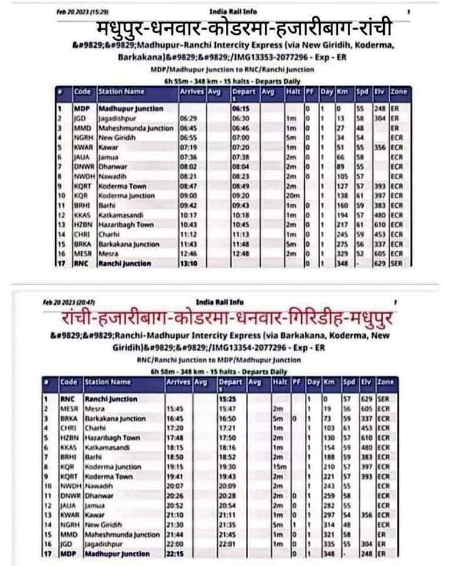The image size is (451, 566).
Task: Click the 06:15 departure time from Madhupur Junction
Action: click(x=239, y=109)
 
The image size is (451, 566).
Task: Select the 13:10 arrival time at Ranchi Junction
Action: click(x=189, y=263)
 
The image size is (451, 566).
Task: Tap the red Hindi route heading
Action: click(x=227, y=319)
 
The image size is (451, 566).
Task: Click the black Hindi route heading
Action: click(x=243, y=29)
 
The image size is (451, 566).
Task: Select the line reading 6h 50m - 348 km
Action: click(x=219, y=371)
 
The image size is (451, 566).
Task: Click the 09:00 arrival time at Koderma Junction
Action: click(x=187, y=195)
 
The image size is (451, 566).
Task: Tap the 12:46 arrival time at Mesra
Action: click(x=188, y=254)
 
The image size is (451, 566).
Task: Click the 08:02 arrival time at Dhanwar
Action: click(x=187, y=166)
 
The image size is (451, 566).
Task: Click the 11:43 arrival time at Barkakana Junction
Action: click(x=187, y=244)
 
